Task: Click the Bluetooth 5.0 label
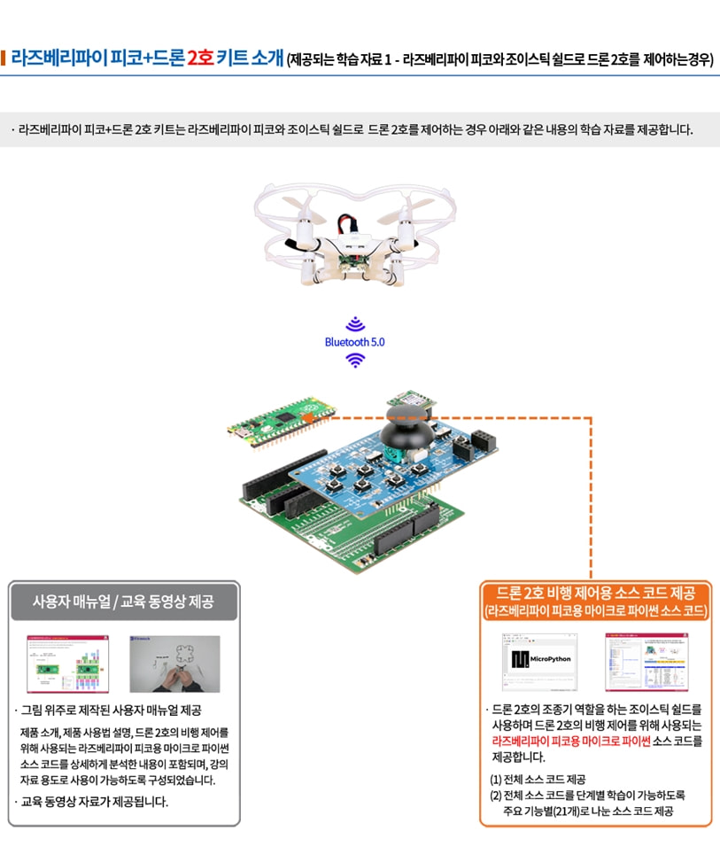point(354,341)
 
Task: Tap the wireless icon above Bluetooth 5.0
point(355,322)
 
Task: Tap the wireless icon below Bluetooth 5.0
point(355,360)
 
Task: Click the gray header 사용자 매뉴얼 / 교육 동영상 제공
point(123,602)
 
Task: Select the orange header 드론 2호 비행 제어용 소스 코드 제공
point(595,600)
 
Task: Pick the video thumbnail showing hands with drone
point(174,664)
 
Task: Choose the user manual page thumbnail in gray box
point(67,664)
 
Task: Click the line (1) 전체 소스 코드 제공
point(538,780)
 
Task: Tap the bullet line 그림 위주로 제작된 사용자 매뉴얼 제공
point(111,711)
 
